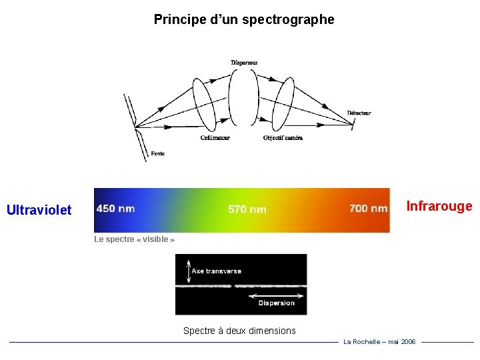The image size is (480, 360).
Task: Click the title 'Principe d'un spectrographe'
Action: pyautogui.click(x=244, y=19)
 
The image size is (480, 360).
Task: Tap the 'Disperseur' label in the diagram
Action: pyautogui.click(x=244, y=63)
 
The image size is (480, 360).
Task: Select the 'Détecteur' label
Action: pyautogui.click(x=359, y=113)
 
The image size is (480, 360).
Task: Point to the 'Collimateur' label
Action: pyautogui.click(x=215, y=138)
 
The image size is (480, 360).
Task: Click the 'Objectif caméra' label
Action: pyautogui.click(x=283, y=138)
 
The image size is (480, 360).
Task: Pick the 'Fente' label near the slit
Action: pyautogui.click(x=157, y=153)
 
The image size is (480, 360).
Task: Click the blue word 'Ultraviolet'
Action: pyautogui.click(x=39, y=210)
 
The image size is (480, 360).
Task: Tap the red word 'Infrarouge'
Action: pyautogui.click(x=439, y=206)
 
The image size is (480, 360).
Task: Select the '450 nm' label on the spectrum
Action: pyautogui.click(x=115, y=209)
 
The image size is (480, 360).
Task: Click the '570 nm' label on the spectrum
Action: pyautogui.click(x=247, y=209)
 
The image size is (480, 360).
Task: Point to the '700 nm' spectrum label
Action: pyautogui.click(x=368, y=209)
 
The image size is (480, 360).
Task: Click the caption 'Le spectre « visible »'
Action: pyautogui.click(x=134, y=239)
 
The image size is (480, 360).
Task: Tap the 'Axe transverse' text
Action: pyautogui.click(x=216, y=271)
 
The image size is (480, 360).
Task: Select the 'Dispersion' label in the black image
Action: pyautogui.click(x=276, y=303)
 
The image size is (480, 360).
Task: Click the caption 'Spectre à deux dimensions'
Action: pyautogui.click(x=239, y=331)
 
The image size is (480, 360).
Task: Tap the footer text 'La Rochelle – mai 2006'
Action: pyautogui.click(x=379, y=341)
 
